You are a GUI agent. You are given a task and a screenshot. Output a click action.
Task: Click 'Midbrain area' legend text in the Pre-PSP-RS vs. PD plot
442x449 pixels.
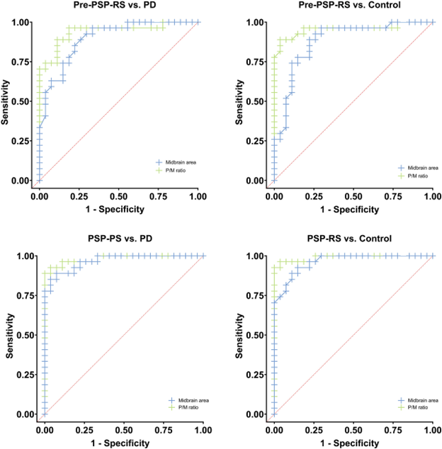(x=181, y=163)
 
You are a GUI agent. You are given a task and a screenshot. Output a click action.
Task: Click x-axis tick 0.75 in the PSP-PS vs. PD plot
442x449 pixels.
(x=164, y=429)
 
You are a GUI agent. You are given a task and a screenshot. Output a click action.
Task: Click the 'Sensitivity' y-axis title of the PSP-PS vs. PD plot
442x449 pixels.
(x=10, y=335)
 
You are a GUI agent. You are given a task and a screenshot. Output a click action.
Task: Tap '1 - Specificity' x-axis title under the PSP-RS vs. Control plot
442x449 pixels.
(x=353, y=443)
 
